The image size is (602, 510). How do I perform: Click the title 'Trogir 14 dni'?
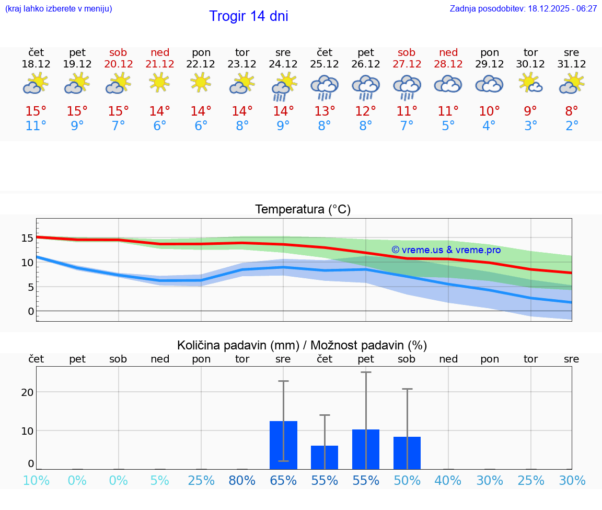tap(248, 16)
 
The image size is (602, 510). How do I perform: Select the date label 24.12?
tap(283, 64)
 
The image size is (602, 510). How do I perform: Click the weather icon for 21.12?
tap(159, 83)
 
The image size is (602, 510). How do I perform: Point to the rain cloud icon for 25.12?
tap(324, 86)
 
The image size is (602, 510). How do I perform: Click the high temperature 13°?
tap(324, 111)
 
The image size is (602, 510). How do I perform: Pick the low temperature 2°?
tap(572, 126)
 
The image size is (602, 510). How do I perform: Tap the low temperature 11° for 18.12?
tap(36, 126)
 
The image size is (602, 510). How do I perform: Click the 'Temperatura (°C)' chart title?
tap(303, 209)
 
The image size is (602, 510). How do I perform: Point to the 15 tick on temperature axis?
tap(27, 238)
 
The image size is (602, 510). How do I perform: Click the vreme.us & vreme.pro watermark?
tap(446, 250)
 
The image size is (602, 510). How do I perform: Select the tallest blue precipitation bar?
tap(283, 445)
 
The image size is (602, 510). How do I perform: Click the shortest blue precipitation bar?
tap(324, 457)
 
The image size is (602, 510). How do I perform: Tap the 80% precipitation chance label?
tap(242, 480)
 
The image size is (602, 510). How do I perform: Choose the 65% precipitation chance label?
tap(283, 480)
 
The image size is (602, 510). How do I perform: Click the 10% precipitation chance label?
tap(36, 480)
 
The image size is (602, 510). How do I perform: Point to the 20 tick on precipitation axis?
tap(27, 392)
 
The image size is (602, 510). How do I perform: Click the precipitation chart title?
tap(302, 345)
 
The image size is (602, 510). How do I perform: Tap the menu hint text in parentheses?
tap(58, 9)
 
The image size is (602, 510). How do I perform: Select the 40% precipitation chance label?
tap(448, 480)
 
